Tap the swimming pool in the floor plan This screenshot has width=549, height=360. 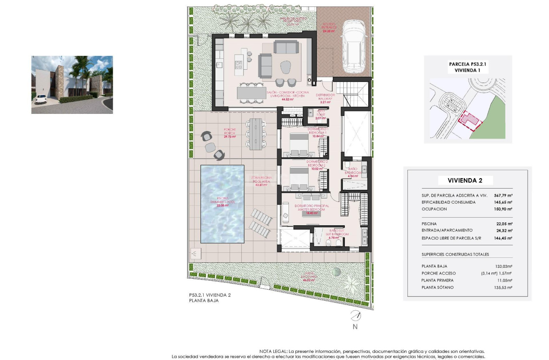(223, 204)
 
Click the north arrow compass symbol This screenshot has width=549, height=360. (355, 316)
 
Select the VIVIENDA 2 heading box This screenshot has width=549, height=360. (465, 181)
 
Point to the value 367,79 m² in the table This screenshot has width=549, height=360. (502, 195)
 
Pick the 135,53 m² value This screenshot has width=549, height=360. (503, 287)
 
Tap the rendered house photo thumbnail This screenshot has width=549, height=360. (72, 85)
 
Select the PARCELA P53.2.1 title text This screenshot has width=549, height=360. (468, 64)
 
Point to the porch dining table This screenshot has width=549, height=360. (256, 133)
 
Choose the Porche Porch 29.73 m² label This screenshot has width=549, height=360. (230, 133)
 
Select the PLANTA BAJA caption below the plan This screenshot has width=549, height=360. (203, 300)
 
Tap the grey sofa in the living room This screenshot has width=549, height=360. (286, 47)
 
